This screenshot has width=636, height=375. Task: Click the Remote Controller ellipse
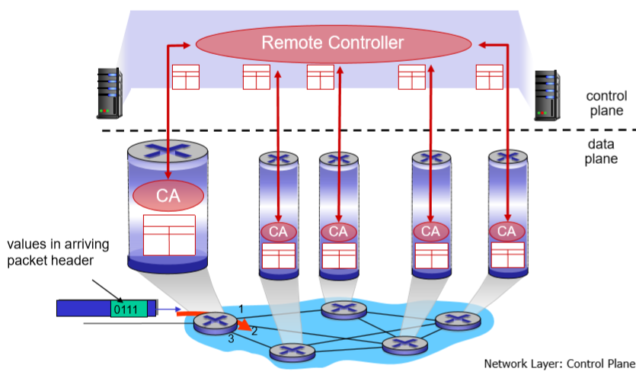(x=334, y=43)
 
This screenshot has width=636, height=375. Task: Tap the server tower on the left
(x=110, y=93)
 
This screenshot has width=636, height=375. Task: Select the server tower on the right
(x=547, y=95)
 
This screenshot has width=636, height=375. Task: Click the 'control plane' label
(x=606, y=103)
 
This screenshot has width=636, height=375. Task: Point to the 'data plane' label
(x=601, y=152)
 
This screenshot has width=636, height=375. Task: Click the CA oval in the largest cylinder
(x=168, y=196)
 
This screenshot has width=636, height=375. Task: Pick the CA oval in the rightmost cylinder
(x=507, y=232)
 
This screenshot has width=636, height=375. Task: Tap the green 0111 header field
(x=129, y=309)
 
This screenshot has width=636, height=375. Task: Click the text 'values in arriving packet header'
(x=58, y=252)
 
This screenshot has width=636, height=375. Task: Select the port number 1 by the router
(x=241, y=309)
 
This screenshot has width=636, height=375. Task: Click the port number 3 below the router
(x=231, y=338)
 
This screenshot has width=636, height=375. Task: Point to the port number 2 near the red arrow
(x=254, y=331)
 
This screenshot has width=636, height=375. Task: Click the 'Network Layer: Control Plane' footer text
(x=560, y=364)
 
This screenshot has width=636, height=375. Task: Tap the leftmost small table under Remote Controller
(x=186, y=77)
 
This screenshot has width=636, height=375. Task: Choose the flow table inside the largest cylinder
(x=169, y=235)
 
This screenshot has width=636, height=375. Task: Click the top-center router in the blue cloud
(x=344, y=310)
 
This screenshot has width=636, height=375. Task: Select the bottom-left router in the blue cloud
(x=292, y=352)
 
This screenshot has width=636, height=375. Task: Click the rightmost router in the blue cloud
(x=458, y=321)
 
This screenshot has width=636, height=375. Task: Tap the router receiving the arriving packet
(x=215, y=322)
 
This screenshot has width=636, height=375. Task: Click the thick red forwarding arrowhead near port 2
(x=244, y=325)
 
